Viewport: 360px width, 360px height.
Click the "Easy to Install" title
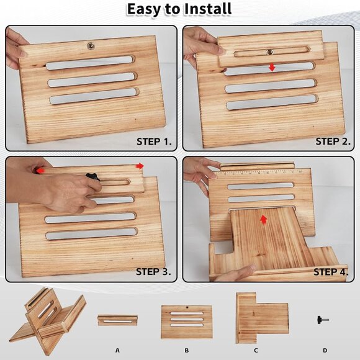[x=179, y=9]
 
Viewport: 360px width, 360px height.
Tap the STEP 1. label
[x=154, y=142]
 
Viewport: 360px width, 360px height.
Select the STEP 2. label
[x=333, y=141]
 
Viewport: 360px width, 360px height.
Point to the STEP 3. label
[x=153, y=272]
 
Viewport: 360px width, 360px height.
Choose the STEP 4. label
[x=331, y=272]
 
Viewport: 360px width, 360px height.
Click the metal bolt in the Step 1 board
[x=91, y=45]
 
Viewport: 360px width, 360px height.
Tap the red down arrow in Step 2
[x=272, y=68]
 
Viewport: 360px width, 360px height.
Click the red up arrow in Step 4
[x=264, y=220]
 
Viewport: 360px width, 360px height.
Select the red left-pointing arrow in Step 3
[x=40, y=171]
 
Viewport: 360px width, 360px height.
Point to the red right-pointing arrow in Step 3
[x=140, y=166]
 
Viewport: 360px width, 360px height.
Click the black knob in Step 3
[x=92, y=178]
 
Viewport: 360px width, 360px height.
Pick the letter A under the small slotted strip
[x=117, y=351]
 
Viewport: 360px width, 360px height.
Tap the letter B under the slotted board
[x=187, y=351]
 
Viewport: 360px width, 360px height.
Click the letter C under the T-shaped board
[x=256, y=351]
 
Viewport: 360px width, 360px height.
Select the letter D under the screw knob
[x=325, y=351]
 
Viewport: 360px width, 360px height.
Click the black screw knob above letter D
[x=323, y=320]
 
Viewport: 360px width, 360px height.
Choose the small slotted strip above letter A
[x=117, y=320]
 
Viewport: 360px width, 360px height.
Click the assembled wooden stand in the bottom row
[x=48, y=320]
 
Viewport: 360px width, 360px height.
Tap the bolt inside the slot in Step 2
[x=270, y=52]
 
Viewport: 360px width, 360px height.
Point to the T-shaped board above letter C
[x=262, y=318]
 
